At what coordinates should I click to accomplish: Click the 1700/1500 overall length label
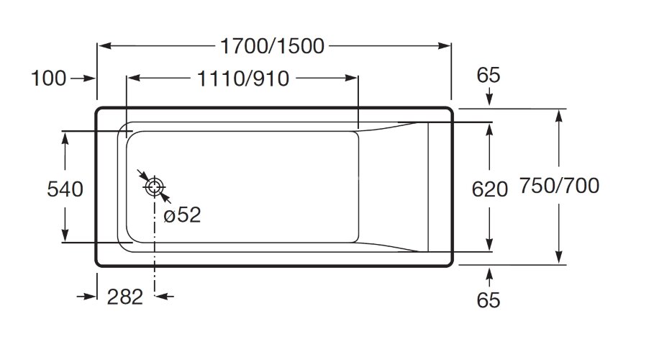tap(273, 46)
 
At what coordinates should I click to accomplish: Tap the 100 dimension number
tap(49, 78)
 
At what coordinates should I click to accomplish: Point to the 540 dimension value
tap(65, 189)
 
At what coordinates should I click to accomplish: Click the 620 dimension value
tap(489, 189)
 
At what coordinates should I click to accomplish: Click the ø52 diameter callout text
tap(181, 215)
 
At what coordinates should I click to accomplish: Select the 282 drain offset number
tap(126, 296)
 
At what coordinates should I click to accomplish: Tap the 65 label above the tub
tap(489, 75)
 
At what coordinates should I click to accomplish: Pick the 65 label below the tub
tap(489, 300)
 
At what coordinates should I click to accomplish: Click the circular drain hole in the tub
tap(154, 187)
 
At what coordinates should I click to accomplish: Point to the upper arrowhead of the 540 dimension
tap(65, 138)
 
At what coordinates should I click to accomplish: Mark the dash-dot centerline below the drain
tap(154, 245)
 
